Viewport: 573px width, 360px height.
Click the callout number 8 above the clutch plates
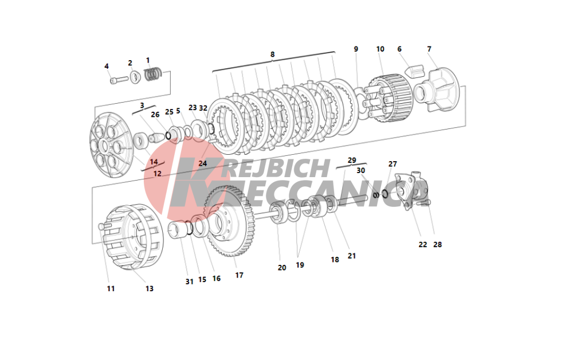coord(272,54)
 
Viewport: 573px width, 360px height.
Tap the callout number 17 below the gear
coord(239,275)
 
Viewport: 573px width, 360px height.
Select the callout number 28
coord(437,245)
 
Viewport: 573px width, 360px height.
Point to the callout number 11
coord(111,288)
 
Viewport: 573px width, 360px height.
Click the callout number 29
coord(352,160)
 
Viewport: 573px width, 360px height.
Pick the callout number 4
coord(107,66)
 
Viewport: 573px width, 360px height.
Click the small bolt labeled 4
coord(119,80)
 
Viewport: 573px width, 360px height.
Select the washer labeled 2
coord(136,76)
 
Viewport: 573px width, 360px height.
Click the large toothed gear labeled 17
coord(230,221)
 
